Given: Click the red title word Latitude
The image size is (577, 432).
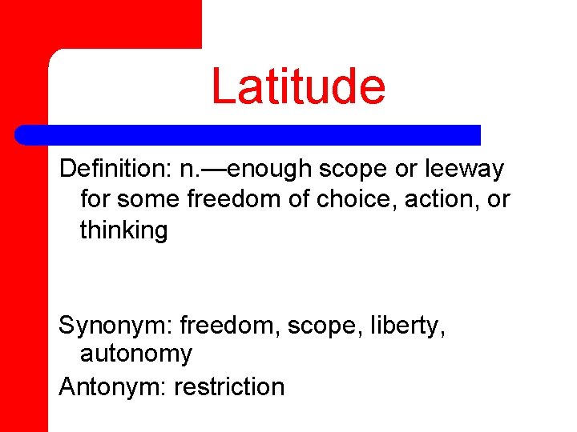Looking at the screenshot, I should point(298,86).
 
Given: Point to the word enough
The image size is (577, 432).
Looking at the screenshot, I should point(272,170).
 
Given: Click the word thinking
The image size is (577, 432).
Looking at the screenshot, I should point(123,231).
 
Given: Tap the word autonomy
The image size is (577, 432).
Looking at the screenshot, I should point(136,354).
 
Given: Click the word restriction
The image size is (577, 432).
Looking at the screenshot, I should point(229,386).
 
